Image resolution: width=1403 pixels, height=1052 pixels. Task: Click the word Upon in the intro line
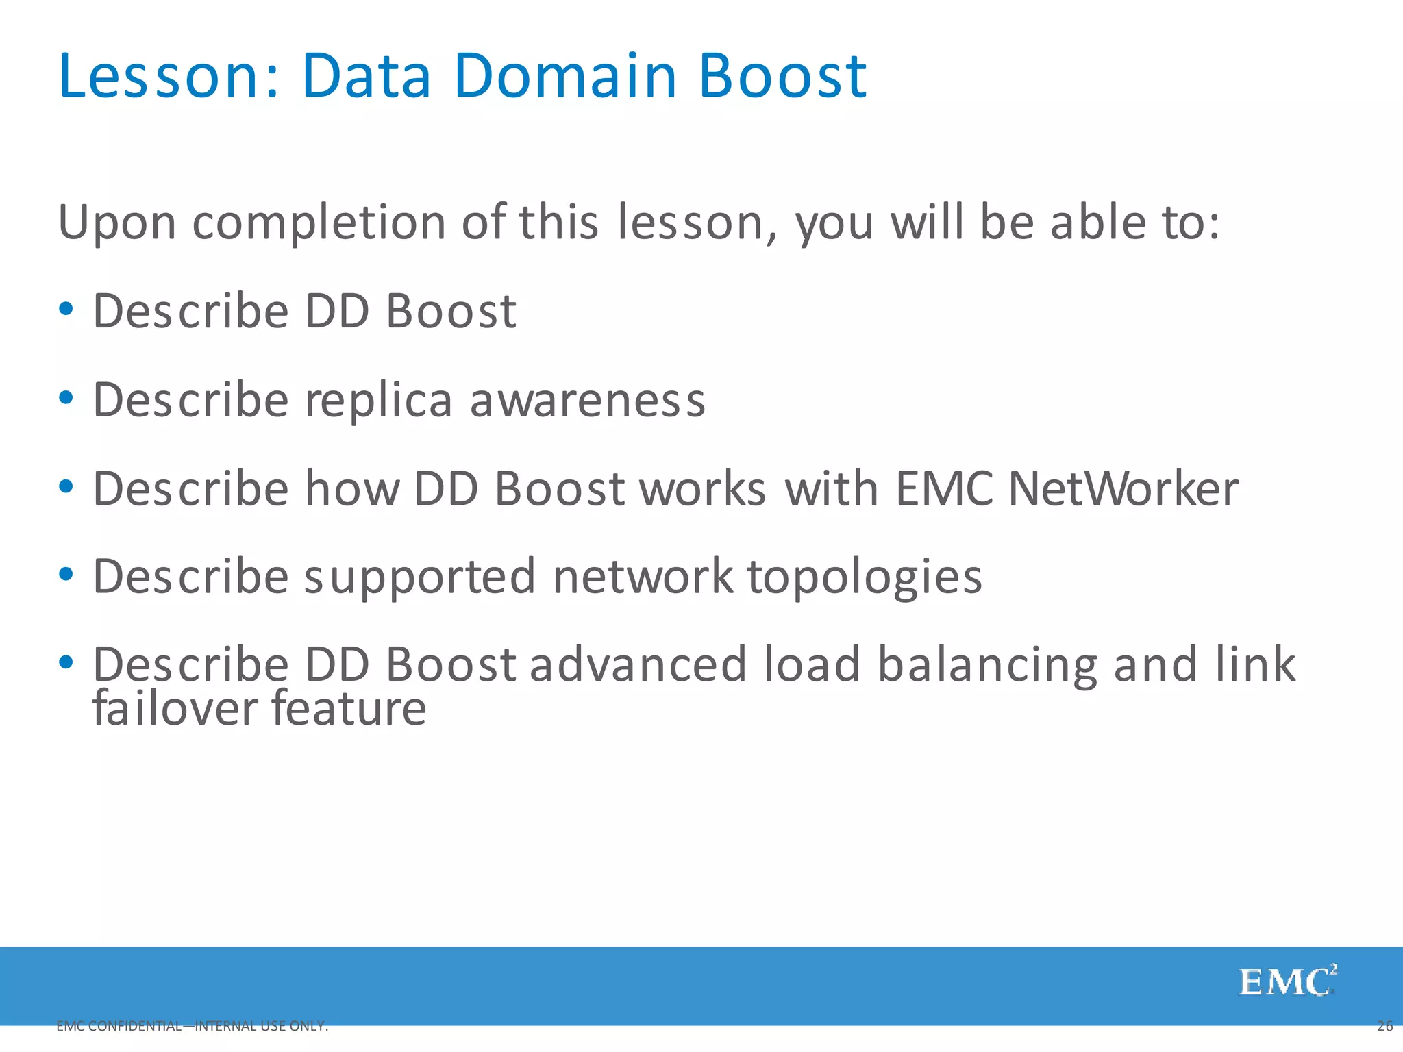coord(117,223)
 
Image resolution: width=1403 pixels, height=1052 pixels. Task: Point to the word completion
coord(319,223)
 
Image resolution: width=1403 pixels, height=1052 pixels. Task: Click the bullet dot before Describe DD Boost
coord(66,309)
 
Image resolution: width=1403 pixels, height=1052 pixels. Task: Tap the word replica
coord(378,400)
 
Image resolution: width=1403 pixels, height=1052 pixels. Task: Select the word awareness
coord(587,400)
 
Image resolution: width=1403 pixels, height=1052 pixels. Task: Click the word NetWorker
coord(1123,489)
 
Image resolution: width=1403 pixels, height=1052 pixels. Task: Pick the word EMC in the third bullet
coord(944,489)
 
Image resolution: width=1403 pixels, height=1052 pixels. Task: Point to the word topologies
coord(865,577)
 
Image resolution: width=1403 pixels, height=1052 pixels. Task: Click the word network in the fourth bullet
coord(643,577)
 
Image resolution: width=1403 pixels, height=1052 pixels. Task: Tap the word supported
coord(420,577)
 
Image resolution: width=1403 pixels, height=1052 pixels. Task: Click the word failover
coord(175,708)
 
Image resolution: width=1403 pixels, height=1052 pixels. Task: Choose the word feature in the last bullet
coord(349,708)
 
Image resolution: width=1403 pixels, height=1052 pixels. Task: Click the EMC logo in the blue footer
coord(1287,982)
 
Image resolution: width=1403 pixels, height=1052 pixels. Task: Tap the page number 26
coord(1385,1026)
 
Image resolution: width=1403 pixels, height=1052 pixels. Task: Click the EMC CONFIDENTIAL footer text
coord(192,1026)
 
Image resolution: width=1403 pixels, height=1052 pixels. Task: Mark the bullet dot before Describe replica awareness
coord(66,398)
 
